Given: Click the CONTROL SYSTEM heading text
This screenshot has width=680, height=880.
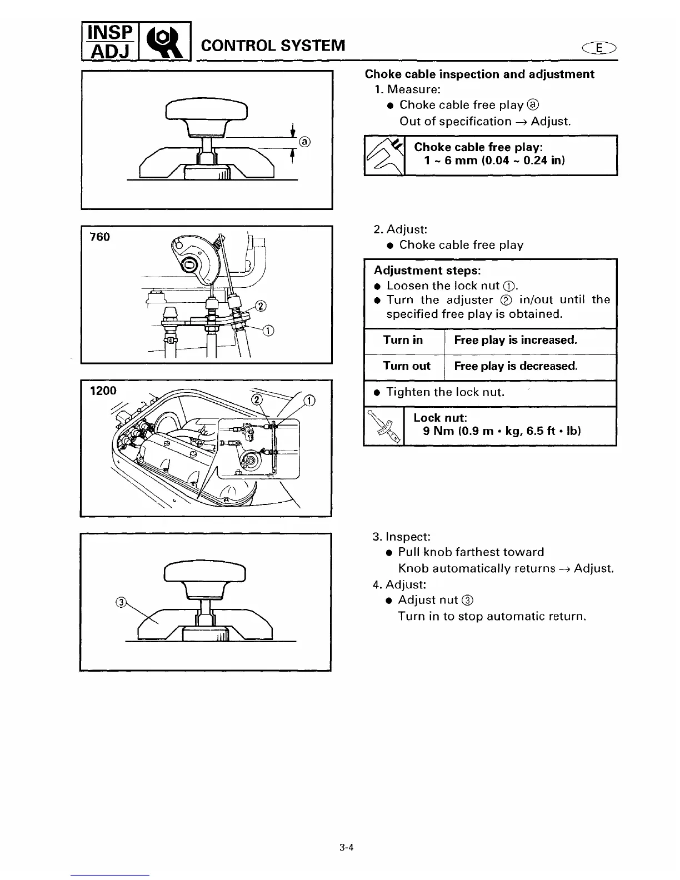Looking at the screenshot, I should [273, 45].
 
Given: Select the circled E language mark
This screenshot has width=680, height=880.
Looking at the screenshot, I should [598, 49].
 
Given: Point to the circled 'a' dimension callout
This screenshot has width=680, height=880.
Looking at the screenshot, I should [304, 141].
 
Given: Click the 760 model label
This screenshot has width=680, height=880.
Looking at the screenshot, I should [100, 237].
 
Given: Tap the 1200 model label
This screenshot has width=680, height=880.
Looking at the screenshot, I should [103, 391].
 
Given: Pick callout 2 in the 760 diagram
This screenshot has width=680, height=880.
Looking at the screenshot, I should [261, 306].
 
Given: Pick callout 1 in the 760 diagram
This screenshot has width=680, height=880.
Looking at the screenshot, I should [268, 332].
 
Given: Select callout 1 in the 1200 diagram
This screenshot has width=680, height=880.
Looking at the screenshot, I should [309, 401].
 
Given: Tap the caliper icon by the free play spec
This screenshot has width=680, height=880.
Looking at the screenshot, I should [384, 156].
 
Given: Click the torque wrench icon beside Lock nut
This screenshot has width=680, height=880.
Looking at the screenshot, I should [384, 427].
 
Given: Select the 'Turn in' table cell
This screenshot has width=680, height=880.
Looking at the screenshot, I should [403, 340].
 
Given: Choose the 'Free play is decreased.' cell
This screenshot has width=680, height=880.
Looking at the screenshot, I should [516, 366].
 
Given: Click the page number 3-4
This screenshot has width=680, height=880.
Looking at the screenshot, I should [347, 847].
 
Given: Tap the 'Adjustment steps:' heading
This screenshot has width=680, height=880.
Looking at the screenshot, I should [427, 271].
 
